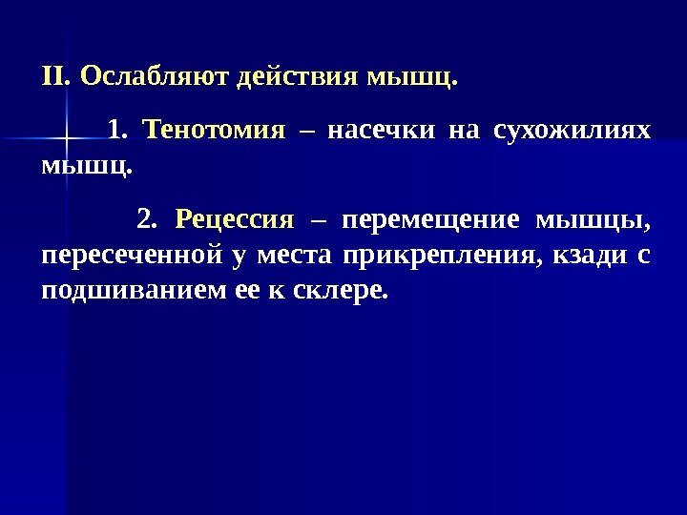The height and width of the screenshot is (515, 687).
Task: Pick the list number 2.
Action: pyautogui.click(x=146, y=221)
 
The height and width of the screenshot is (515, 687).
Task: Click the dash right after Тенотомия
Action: pyautogui.click(x=306, y=130)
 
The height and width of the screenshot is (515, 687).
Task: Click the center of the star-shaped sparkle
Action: pyautogui.click(x=64, y=139)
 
